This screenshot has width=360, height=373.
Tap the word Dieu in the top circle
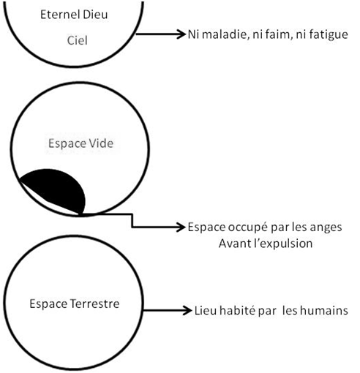(95, 15)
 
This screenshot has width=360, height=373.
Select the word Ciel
(78, 40)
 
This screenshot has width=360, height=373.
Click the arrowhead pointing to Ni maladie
(181, 34)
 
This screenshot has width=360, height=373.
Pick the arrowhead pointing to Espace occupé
(181, 227)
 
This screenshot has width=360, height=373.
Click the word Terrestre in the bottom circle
(95, 304)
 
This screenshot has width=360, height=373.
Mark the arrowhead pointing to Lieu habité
(187, 310)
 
